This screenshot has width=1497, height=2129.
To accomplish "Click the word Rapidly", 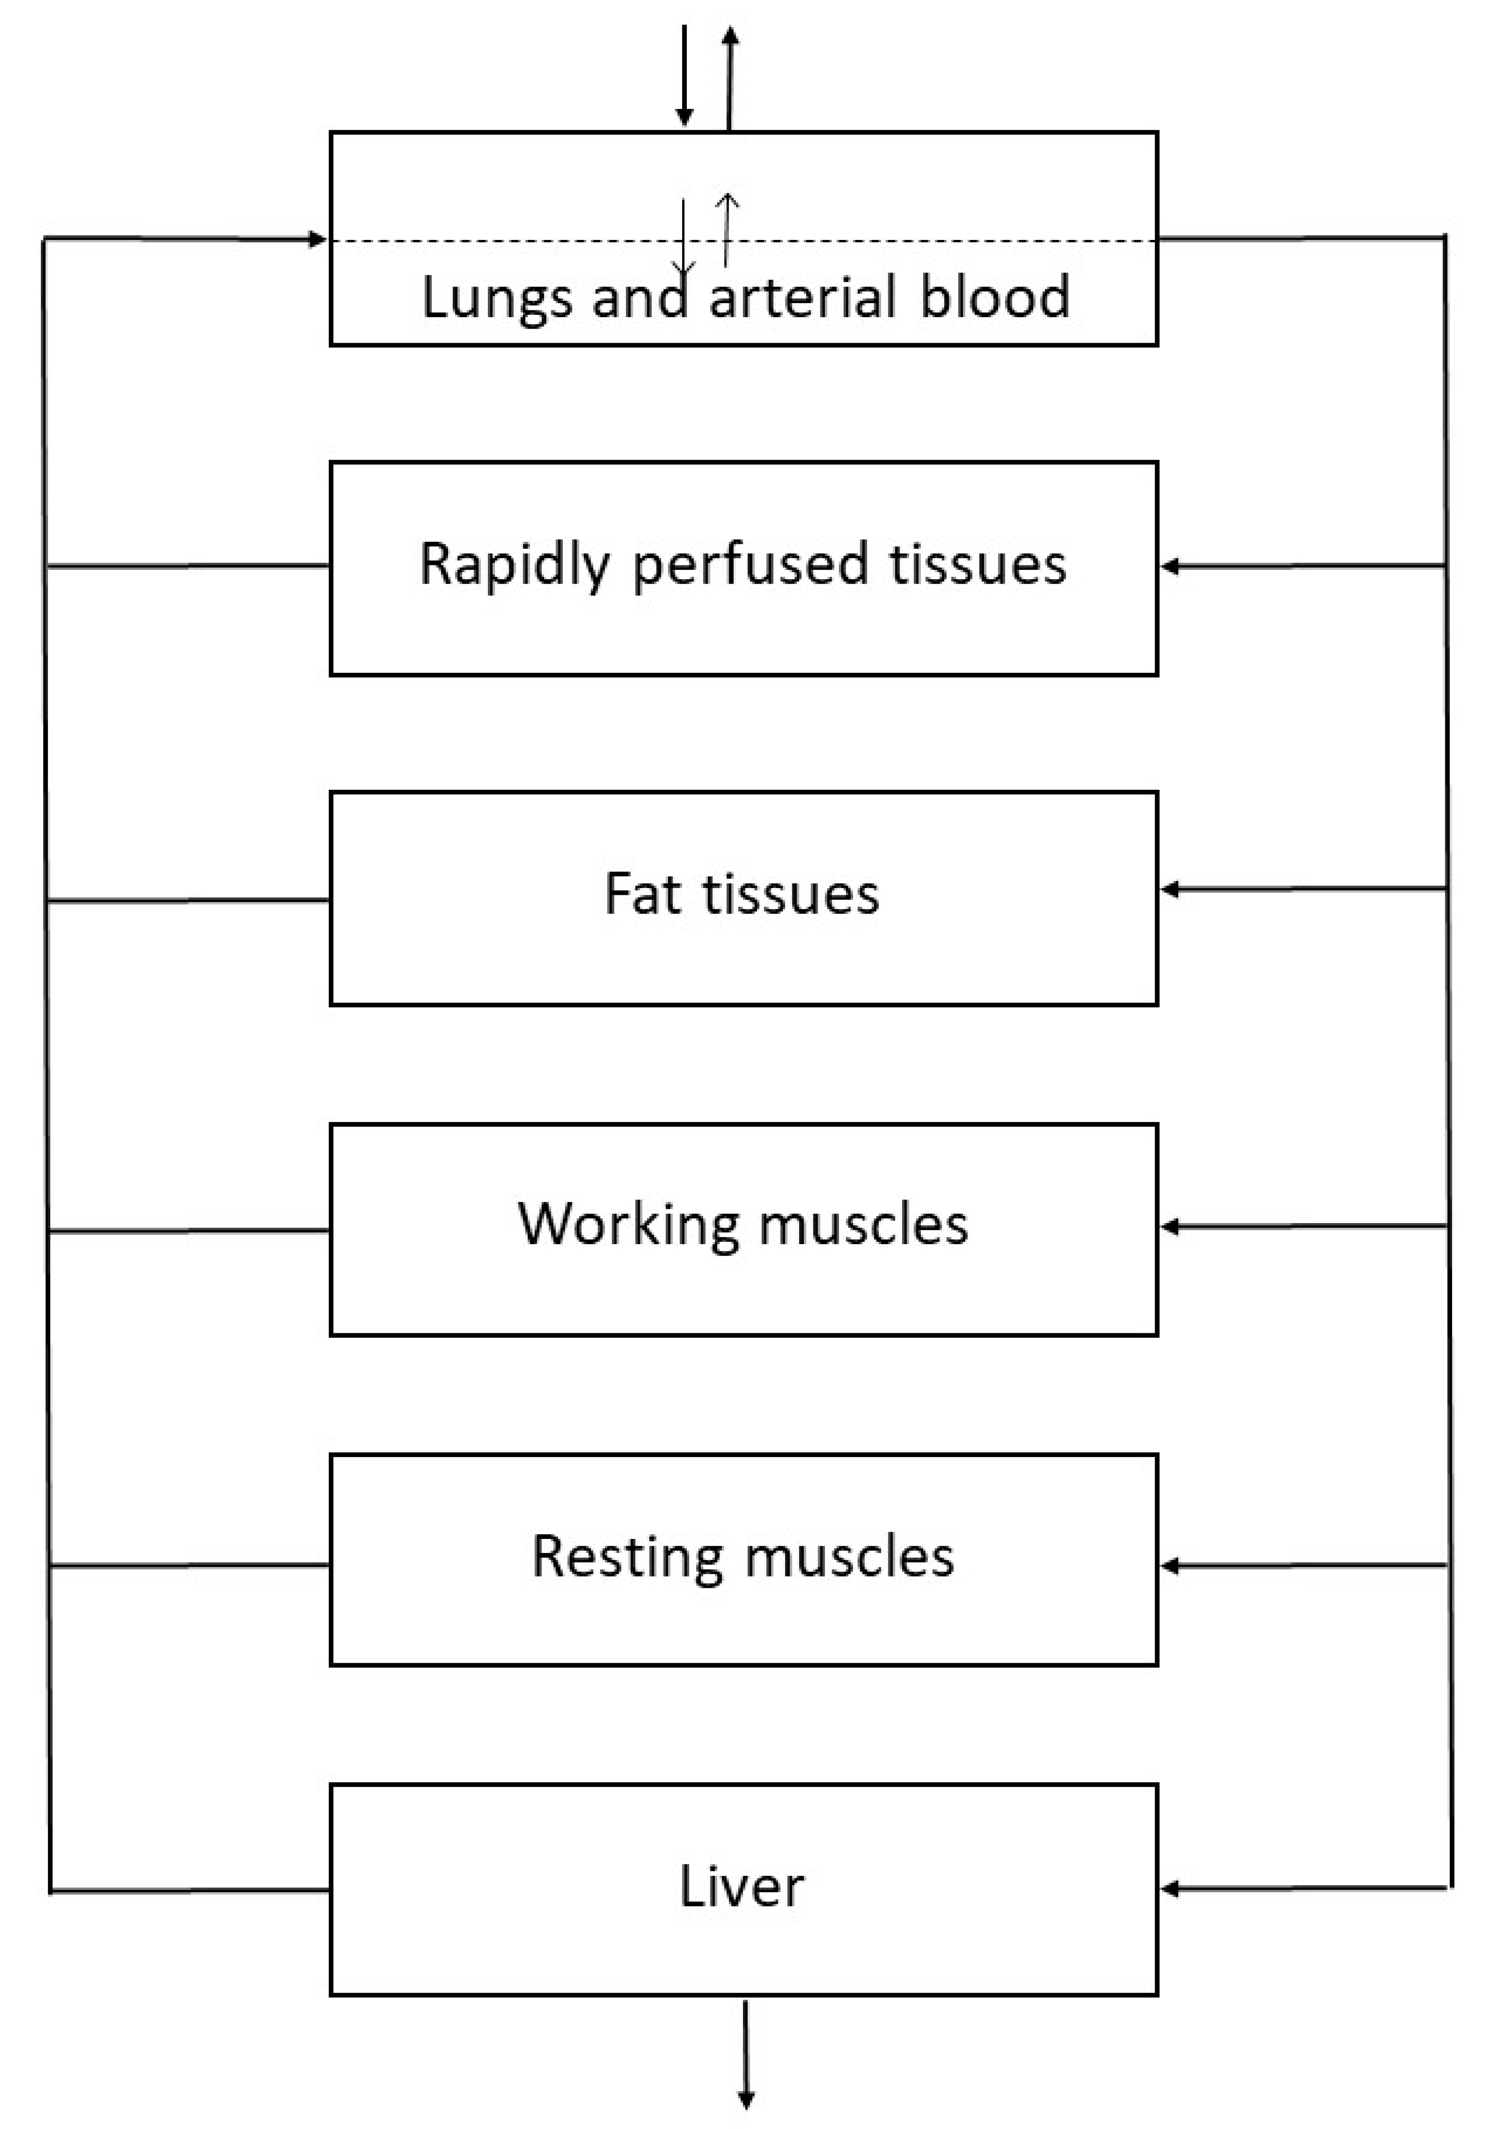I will [x=515, y=565].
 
